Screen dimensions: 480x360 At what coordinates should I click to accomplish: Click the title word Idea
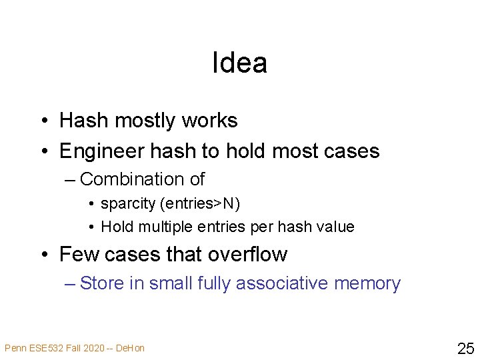coord(239,63)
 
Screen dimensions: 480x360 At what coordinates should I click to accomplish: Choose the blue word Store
coord(101,283)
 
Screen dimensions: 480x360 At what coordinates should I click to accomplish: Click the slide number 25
coord(465,348)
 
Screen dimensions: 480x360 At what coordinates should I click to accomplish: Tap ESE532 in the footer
coord(38,348)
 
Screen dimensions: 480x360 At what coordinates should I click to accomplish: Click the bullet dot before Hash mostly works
coord(42,121)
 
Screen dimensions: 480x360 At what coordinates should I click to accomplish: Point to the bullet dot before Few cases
coord(42,255)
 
